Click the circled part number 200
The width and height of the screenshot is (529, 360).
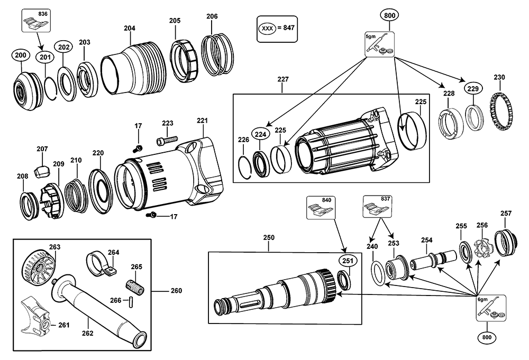point(21,56)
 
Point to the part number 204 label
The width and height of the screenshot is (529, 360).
point(130,28)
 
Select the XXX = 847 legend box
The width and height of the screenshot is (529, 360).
point(276,28)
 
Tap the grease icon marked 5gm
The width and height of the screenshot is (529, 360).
point(380,44)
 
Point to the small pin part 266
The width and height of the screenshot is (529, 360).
point(131,301)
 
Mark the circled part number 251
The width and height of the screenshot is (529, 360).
point(346,260)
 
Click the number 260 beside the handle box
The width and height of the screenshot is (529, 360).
point(176,291)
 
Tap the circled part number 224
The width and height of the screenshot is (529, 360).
point(259,134)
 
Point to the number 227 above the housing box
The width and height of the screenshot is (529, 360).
point(283,80)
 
